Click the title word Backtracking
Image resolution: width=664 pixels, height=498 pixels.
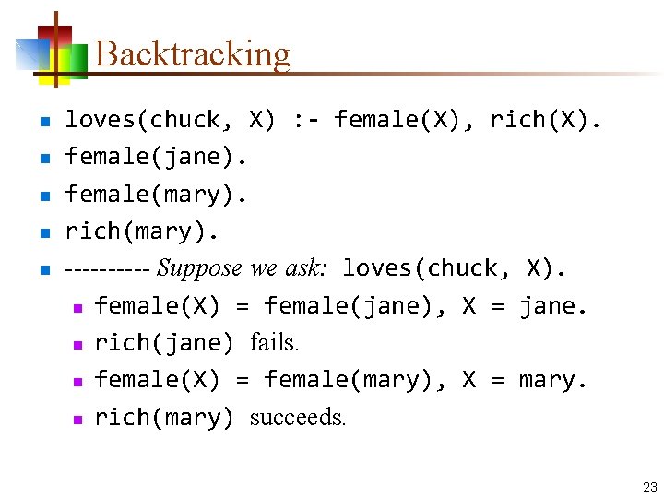point(192,54)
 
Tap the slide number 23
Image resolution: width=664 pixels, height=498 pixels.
point(649,486)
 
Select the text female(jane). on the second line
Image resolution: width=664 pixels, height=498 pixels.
point(156,158)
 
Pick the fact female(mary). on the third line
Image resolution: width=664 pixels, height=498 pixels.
point(156,195)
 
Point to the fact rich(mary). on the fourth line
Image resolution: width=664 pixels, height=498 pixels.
point(141,231)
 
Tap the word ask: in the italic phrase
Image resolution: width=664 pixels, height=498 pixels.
point(305,269)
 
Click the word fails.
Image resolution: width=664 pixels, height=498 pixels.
point(275,343)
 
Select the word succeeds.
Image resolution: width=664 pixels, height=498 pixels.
point(298,418)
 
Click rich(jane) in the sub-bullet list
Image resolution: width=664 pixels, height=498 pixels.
point(164,343)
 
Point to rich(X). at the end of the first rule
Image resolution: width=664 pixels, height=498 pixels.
point(546,120)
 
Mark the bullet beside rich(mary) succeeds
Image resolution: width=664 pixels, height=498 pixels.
point(78,419)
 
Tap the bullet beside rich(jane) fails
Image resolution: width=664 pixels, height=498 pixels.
point(78,344)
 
